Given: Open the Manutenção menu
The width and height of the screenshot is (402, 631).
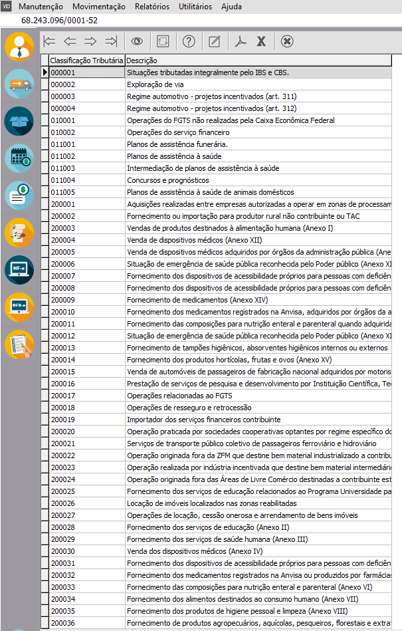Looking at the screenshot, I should [41, 7].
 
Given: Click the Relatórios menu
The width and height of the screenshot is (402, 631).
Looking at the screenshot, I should [151, 7].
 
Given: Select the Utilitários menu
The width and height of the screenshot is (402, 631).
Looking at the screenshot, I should [195, 7].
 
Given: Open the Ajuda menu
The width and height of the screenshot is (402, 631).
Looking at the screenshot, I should [231, 7].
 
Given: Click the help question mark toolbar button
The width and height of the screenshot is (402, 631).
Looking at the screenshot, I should [189, 41].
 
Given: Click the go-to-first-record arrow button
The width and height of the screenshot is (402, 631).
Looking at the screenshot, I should [49, 41].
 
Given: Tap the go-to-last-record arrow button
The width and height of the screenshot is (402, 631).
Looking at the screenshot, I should [110, 41].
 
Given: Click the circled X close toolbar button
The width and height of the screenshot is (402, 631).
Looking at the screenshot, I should [286, 41].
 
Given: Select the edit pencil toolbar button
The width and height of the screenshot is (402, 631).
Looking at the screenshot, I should [214, 41].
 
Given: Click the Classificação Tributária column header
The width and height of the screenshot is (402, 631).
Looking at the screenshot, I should [86, 61].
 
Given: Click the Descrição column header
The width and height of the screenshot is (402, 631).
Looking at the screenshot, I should [140, 61].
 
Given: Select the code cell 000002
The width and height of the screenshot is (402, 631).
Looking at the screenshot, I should [63, 84].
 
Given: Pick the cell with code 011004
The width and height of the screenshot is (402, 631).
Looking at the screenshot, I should [63, 180].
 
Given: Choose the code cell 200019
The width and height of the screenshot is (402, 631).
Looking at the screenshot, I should [63, 420].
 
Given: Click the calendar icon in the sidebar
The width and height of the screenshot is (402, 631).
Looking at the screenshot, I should [19, 158].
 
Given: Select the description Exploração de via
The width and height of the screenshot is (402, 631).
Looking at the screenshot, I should [151, 84].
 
